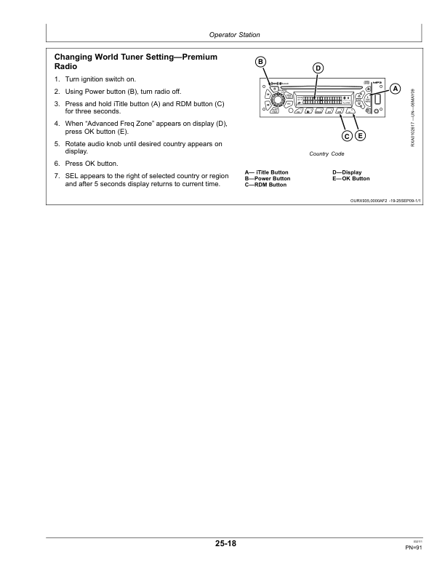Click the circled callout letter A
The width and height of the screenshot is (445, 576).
point(396,88)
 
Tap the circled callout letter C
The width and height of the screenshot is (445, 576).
point(348,136)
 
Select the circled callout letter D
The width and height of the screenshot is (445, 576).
point(318,69)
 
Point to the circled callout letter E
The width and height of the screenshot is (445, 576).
point(361,136)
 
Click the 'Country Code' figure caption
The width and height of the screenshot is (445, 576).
point(326,154)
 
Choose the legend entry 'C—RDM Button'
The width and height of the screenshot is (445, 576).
point(265,185)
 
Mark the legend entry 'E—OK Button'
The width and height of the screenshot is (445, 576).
point(350,178)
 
